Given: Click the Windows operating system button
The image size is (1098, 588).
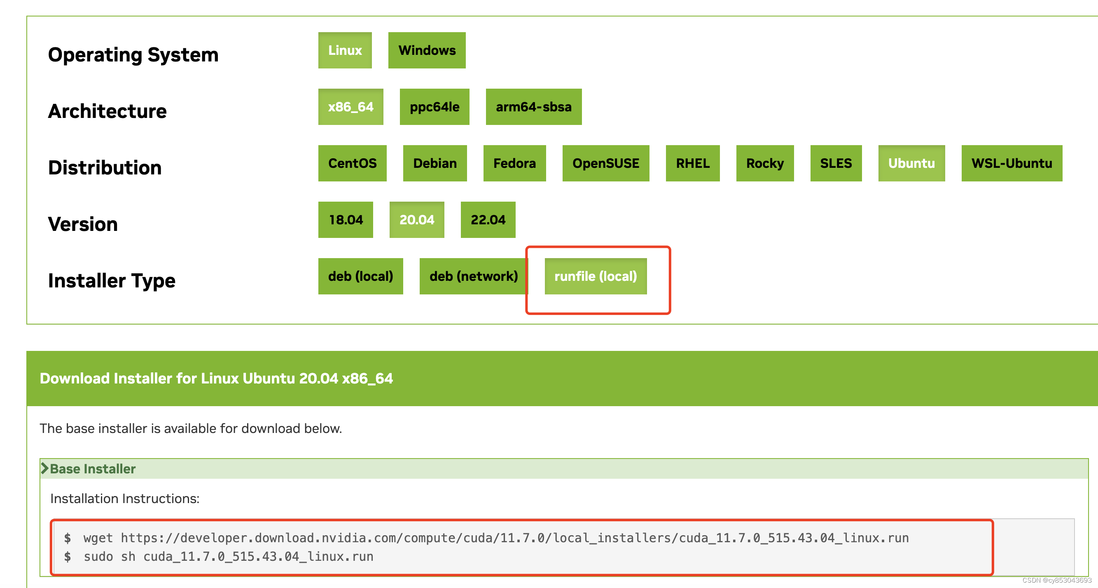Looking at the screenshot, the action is [x=427, y=50].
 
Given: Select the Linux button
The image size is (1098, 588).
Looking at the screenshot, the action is [x=345, y=50].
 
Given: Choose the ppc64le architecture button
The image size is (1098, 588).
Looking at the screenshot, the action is [x=435, y=107].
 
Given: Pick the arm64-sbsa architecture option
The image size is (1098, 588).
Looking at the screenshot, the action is [x=533, y=107].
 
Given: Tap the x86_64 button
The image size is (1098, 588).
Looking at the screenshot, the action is [x=350, y=107].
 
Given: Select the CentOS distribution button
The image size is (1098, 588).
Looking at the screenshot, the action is [x=352, y=163].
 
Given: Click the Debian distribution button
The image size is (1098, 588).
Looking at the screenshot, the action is [x=435, y=163].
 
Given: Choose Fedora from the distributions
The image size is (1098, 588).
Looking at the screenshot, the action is [x=514, y=163].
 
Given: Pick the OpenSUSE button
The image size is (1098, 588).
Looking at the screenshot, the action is [x=606, y=163].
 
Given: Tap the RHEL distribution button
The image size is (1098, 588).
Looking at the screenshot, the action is [x=693, y=163].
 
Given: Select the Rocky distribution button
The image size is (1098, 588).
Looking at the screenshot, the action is [x=765, y=163].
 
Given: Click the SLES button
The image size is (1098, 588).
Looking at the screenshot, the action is [x=836, y=163].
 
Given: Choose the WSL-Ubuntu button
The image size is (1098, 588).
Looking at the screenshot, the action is [x=1012, y=163].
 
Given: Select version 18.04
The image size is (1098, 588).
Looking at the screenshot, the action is [x=345, y=220].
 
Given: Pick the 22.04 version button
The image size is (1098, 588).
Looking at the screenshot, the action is [x=488, y=220].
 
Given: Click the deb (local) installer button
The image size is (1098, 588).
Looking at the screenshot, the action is [x=360, y=276].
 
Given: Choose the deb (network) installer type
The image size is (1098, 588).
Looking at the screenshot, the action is [x=473, y=276].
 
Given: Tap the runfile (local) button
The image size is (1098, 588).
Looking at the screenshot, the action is [x=596, y=276].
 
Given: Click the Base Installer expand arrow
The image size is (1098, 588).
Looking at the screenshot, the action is [x=45, y=468].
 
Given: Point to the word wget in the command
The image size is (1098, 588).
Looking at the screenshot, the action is [x=98, y=538].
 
